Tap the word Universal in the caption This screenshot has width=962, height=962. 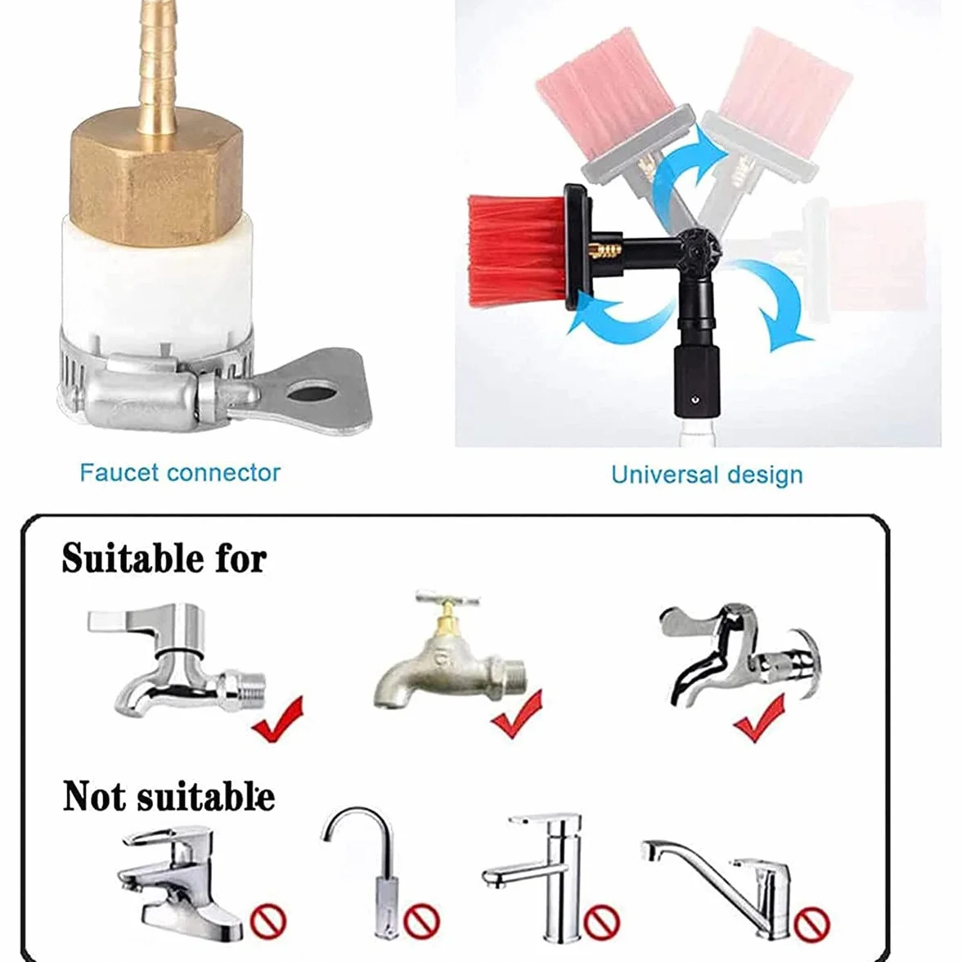(x=664, y=474)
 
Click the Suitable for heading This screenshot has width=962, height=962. (x=164, y=558)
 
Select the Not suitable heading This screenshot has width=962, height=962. (x=169, y=796)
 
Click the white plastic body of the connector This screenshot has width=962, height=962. (x=155, y=288)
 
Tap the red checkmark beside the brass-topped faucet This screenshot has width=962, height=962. (x=517, y=713)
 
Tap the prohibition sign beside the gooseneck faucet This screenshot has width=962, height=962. (x=421, y=921)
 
